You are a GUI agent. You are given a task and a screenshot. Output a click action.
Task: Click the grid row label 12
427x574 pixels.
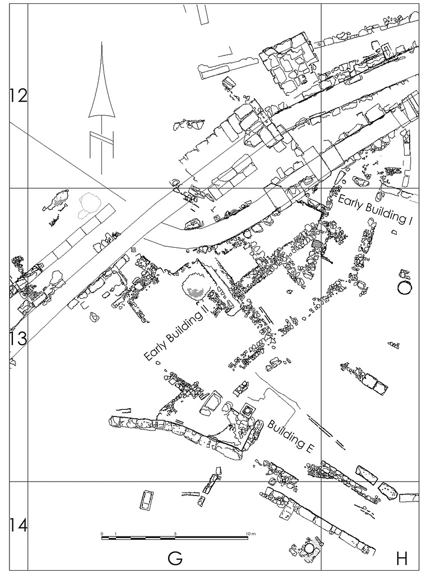(18, 96)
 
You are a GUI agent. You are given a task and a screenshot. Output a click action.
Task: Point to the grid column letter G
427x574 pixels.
(175, 558)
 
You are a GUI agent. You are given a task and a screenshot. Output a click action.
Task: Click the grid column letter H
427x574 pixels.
(401, 558)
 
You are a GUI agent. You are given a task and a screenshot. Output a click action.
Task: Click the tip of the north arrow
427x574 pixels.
(101, 42)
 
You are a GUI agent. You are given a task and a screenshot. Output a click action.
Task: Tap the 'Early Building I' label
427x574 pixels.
(375, 210)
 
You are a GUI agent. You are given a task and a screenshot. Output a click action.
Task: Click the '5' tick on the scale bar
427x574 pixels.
(175, 533)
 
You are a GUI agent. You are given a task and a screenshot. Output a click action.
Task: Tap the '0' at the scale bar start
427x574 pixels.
(102, 533)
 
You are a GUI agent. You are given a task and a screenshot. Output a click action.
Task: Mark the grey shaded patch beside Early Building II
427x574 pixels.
(194, 292)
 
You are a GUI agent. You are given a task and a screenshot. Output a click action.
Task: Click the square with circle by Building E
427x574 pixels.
(247, 412)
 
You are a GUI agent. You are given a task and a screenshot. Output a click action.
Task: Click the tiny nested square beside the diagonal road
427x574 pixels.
(133, 249)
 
